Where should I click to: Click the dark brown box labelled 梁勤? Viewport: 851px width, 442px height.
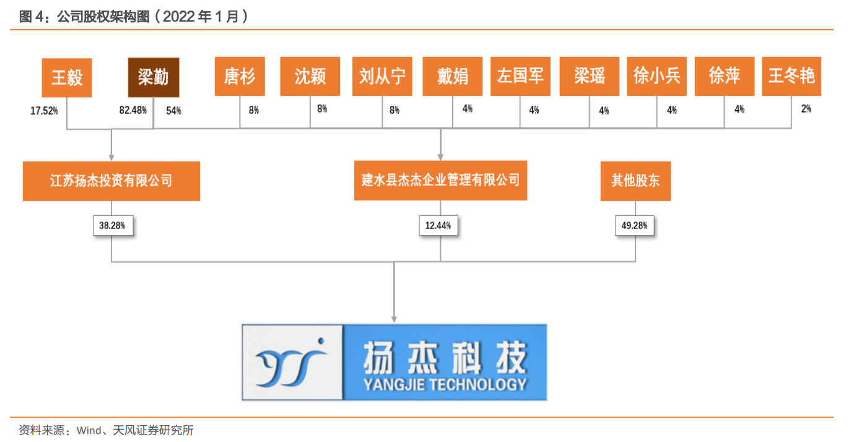click(x=154, y=77)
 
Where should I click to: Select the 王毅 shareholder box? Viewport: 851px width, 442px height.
click(x=67, y=77)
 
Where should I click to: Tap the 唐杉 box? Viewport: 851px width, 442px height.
click(x=240, y=77)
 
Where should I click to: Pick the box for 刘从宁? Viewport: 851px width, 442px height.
click(x=382, y=77)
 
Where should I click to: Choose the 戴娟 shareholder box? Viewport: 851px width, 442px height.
click(x=453, y=77)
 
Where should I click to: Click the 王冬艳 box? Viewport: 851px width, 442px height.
click(x=791, y=77)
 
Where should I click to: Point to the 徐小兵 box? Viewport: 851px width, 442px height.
click(x=657, y=77)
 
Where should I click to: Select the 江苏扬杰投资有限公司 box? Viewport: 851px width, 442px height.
click(x=111, y=181)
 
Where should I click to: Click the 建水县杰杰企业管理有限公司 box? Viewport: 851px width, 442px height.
click(x=440, y=180)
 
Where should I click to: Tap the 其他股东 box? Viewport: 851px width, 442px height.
click(x=635, y=181)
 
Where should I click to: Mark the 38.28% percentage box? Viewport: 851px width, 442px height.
click(x=112, y=226)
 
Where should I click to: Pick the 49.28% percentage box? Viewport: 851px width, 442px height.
click(x=634, y=226)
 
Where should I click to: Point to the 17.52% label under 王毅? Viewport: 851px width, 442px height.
click(x=44, y=111)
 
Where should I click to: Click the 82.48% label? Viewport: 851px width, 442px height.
click(x=133, y=111)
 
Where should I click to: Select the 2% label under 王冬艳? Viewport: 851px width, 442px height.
click(x=806, y=109)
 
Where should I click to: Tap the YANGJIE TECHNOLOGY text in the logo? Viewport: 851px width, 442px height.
click(x=445, y=384)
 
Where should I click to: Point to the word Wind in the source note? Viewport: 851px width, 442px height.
click(x=89, y=430)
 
